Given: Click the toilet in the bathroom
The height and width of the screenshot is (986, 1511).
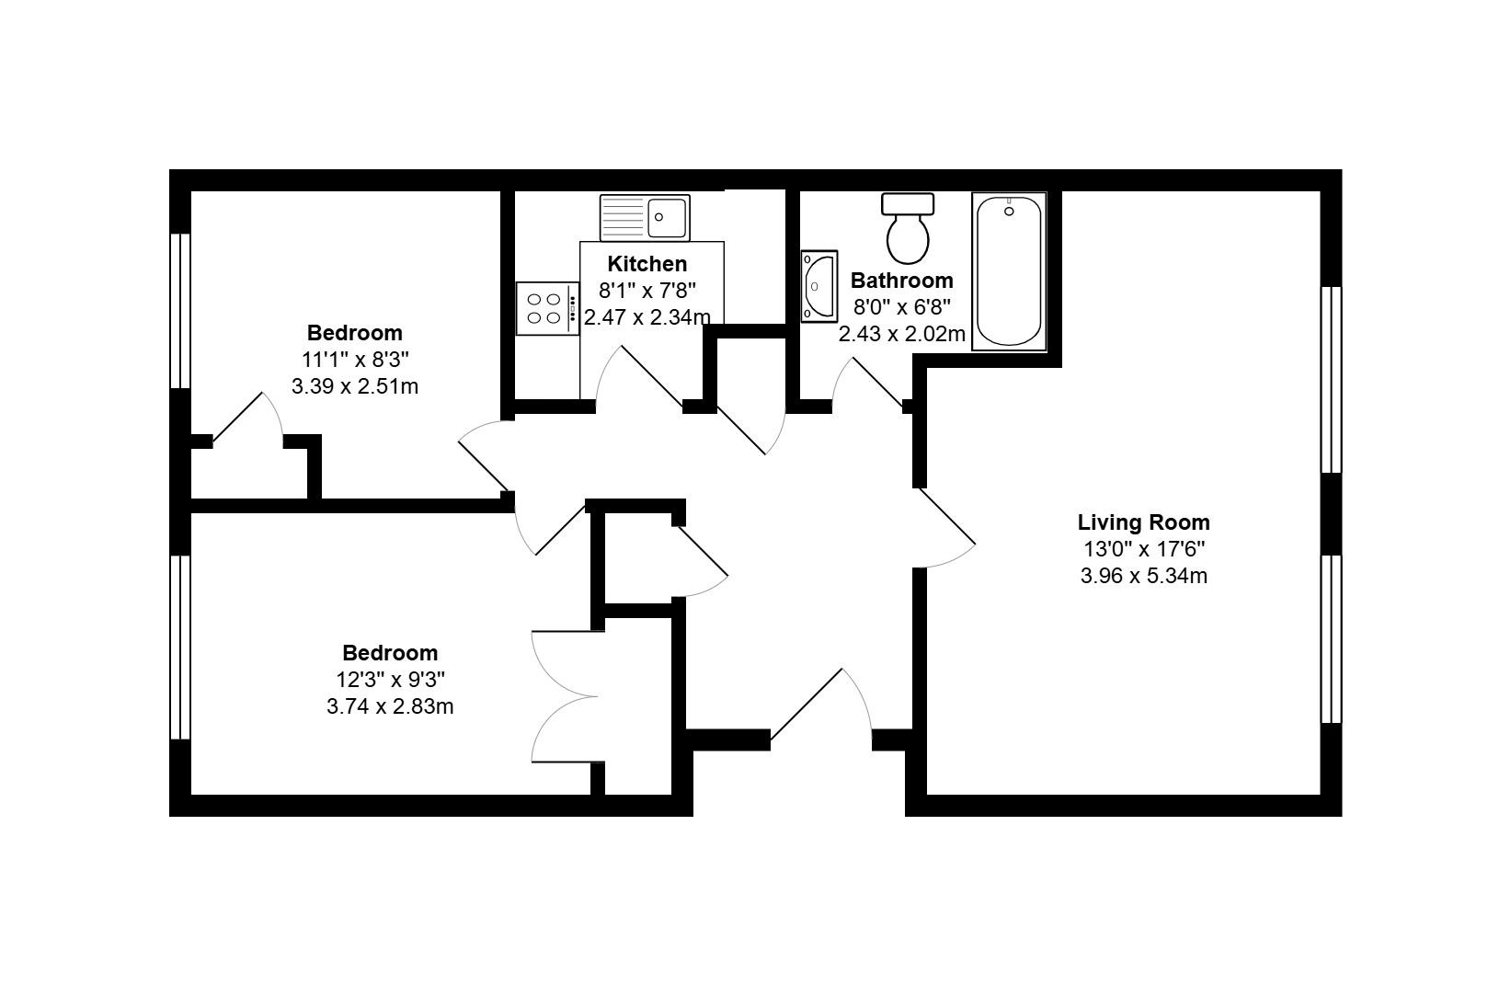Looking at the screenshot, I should [908, 228].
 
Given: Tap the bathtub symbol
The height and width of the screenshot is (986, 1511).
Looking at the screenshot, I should [1009, 271].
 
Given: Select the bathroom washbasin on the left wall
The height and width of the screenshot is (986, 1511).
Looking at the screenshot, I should [818, 286].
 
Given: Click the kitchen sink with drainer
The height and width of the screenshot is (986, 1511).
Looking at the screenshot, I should [644, 217].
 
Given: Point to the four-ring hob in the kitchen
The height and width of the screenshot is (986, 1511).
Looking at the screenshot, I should [546, 308].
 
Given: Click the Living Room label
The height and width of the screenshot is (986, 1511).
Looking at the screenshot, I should [1143, 522].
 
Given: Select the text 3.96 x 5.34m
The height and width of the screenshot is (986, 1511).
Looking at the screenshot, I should [1143, 577].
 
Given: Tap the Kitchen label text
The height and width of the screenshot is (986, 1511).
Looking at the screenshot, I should [647, 264].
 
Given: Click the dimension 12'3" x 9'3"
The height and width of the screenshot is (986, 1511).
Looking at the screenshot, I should [390, 680].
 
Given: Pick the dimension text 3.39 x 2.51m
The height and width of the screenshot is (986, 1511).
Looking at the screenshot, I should [354, 386].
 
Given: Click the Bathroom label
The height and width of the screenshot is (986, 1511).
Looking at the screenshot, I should [901, 281].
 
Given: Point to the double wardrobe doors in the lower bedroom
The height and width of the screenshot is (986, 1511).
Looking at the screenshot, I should [566, 696].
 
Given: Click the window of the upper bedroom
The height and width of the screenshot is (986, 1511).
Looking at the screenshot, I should [180, 311].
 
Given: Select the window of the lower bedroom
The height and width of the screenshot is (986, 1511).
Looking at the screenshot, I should [180, 647].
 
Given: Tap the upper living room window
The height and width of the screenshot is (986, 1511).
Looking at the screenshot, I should [1331, 379].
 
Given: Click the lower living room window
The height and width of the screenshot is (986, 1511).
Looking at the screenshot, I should [1331, 638].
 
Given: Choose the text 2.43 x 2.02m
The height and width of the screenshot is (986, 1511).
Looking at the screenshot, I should [901, 334].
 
